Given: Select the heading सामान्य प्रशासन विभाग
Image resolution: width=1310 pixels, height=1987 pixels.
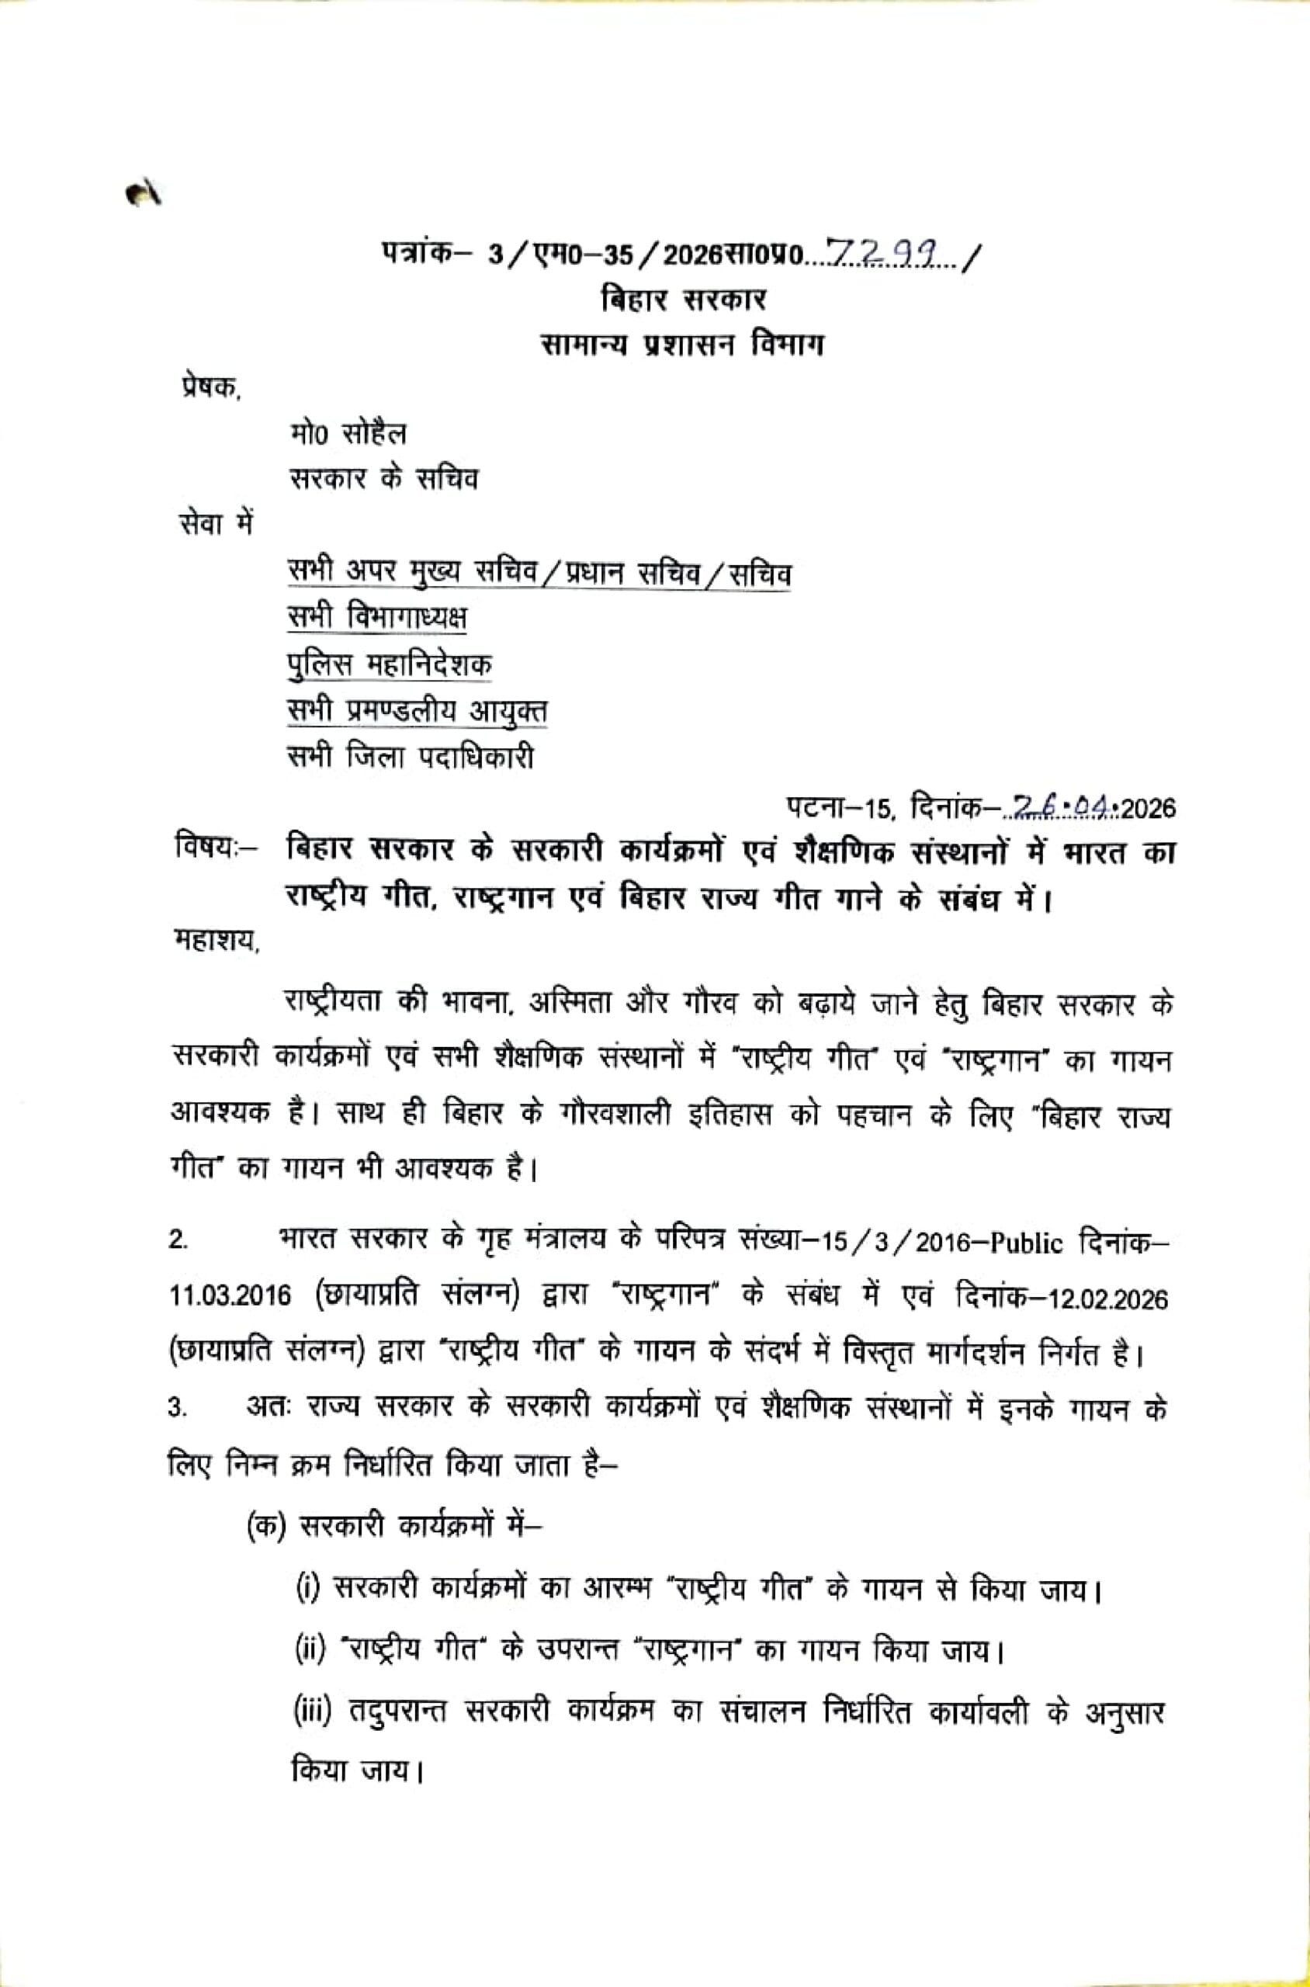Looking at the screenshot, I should (x=681, y=345).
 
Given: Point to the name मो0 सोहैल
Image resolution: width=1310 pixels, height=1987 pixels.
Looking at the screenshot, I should (x=348, y=435).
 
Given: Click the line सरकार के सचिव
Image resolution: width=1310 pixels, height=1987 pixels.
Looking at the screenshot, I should (x=383, y=480).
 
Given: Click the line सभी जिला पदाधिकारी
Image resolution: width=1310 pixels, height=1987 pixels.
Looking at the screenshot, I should (x=411, y=757).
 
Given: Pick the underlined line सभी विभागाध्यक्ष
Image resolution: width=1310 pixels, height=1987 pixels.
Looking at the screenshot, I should (x=377, y=619).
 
